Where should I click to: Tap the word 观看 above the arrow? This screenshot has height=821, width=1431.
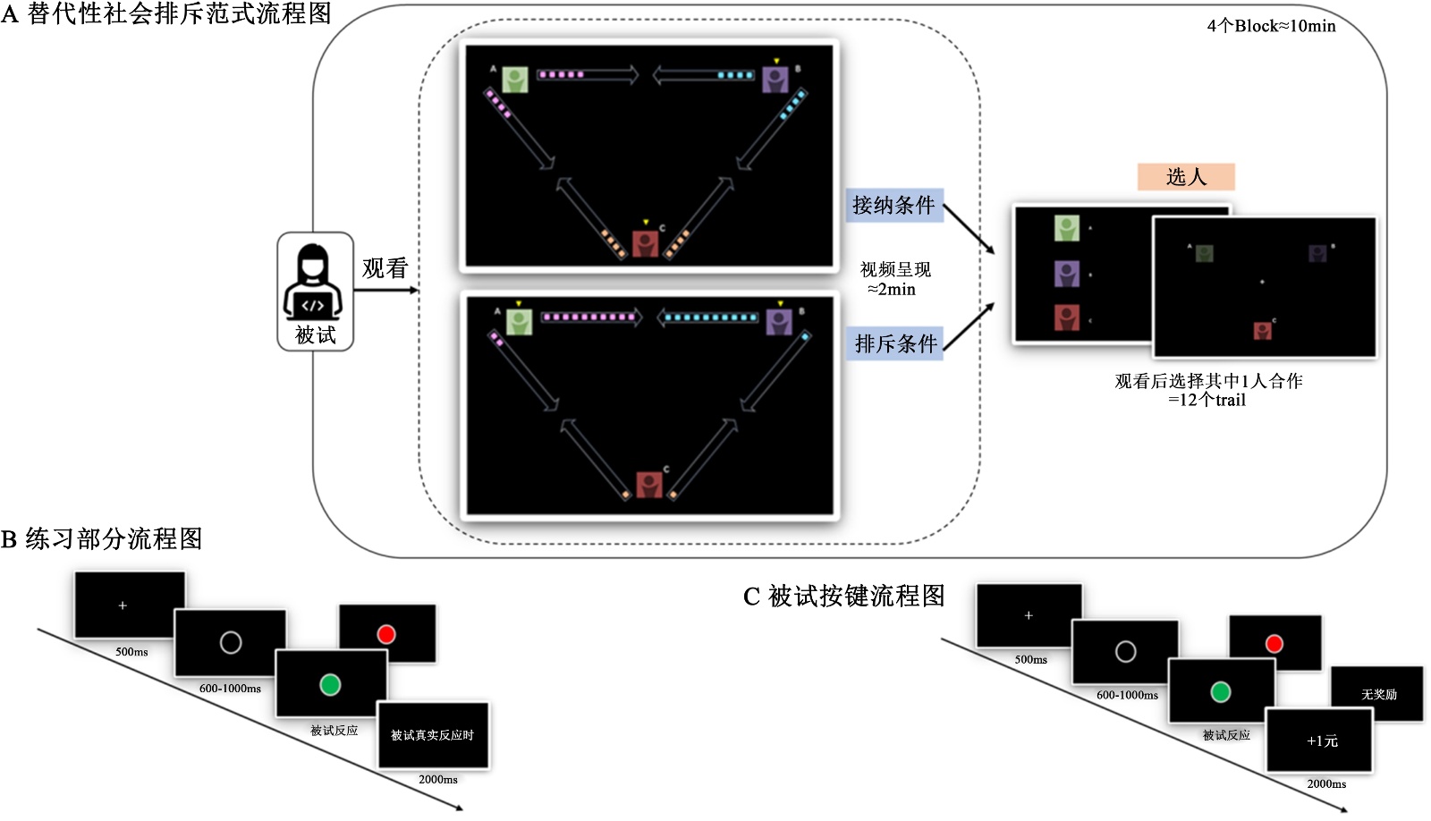click(x=385, y=268)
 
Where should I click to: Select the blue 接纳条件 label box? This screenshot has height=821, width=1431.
click(x=893, y=206)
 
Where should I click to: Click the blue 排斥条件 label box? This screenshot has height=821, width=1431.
click(x=895, y=343)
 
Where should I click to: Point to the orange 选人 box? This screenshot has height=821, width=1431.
click(x=1186, y=177)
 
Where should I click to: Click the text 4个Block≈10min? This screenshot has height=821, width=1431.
click(x=1271, y=26)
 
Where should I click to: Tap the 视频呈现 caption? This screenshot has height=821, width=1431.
click(x=895, y=269)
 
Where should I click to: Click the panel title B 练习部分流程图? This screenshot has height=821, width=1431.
click(x=102, y=538)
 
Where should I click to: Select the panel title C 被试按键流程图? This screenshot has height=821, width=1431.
click(x=843, y=596)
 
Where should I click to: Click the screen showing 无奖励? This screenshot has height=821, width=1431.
click(x=1377, y=694)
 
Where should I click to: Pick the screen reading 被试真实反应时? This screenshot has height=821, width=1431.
click(x=433, y=735)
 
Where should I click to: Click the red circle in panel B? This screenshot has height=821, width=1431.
click(x=386, y=634)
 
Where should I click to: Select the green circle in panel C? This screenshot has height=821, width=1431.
click(x=1220, y=691)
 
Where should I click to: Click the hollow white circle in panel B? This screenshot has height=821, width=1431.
click(x=231, y=642)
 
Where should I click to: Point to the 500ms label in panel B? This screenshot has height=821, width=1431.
click(x=131, y=652)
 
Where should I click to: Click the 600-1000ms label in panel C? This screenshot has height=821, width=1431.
click(x=1127, y=695)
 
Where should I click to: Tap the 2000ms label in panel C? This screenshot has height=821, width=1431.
click(x=1326, y=783)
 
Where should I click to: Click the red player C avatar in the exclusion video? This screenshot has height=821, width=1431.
click(x=649, y=485)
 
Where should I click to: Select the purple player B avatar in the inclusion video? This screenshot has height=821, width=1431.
click(x=775, y=80)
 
